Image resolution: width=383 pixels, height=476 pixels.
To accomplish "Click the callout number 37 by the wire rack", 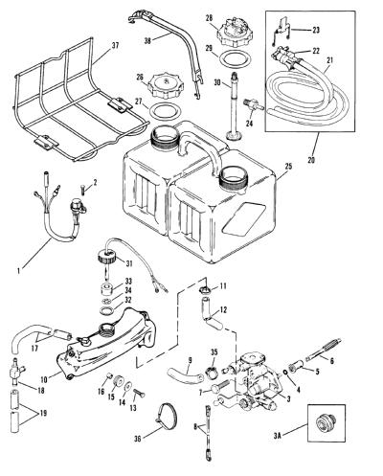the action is [115, 46].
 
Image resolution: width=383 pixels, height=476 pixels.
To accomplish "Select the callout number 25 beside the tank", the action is [288, 167].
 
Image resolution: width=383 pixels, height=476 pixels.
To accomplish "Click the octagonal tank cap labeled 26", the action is [165, 86].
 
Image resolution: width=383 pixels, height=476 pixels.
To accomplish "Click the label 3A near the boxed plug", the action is [277, 434].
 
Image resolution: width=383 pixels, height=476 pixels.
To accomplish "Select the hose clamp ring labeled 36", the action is [167, 416].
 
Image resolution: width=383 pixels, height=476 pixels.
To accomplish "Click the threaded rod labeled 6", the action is [323, 349].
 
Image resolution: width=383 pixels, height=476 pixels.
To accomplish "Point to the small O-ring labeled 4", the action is [285, 373].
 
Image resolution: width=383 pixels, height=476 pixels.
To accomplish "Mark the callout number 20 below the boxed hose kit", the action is [311, 159].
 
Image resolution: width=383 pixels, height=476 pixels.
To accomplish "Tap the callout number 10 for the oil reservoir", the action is [44, 379].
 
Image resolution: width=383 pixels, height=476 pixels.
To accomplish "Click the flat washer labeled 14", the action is [127, 386].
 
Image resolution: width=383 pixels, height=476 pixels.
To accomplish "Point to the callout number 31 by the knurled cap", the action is [129, 263].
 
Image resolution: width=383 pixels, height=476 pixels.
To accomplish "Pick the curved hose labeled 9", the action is [185, 374].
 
